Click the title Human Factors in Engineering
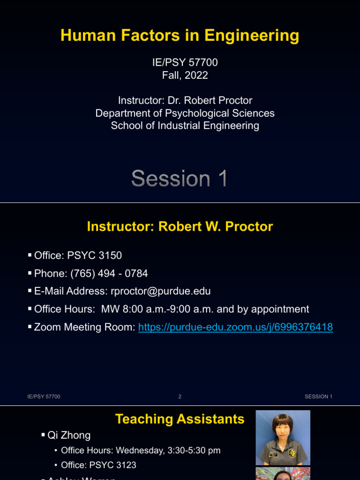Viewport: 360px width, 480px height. [180, 36]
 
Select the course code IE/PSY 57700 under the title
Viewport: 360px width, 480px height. [185, 62]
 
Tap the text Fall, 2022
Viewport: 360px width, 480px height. [185, 75]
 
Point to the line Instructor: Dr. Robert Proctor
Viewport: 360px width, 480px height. [185, 100]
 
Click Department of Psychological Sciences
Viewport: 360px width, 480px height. [185, 113]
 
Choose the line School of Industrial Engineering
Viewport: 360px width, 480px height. [185, 126]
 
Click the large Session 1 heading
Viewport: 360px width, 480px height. [180, 179]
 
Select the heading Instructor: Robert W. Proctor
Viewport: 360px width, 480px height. [180, 227]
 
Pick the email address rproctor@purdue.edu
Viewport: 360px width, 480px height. [160, 291]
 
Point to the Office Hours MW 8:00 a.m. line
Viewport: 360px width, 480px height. [172, 309]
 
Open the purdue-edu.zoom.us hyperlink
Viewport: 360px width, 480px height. [235, 327]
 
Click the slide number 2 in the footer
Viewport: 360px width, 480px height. [180, 397]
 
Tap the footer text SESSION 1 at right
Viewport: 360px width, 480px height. [318, 397]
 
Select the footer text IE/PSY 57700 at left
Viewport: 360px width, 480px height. [44, 397]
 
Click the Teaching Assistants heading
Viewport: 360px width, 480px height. [180, 419]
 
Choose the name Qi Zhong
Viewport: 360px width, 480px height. [69, 435]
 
